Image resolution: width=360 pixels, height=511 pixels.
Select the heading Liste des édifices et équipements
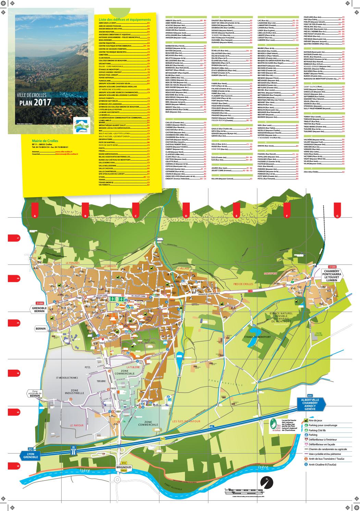[124, 20]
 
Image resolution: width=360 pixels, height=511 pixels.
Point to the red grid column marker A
[35, 216]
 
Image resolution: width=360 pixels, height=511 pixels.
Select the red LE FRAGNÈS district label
[72, 263]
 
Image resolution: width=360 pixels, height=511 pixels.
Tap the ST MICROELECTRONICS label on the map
[67, 378]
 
